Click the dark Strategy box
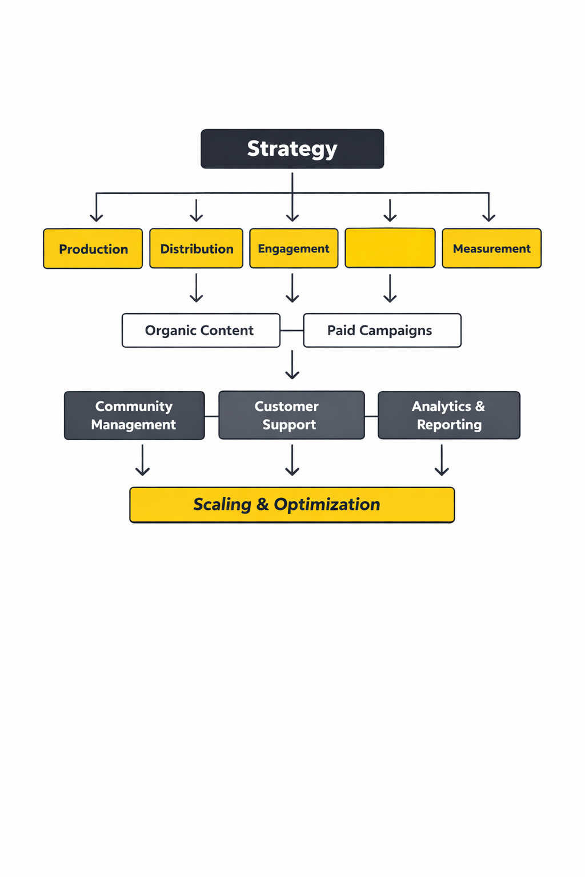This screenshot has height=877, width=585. click(292, 148)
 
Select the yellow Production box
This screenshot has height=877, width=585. click(93, 248)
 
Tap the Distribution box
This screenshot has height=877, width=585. click(196, 248)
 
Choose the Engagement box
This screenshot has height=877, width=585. click(294, 248)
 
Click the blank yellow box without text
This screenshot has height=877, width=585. click(390, 248)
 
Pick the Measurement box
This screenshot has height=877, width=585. click(491, 248)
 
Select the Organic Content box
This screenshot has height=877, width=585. click(201, 330)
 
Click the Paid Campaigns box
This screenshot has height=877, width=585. click(382, 330)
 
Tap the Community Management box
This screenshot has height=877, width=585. click(134, 415)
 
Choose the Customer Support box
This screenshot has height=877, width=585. click(291, 415)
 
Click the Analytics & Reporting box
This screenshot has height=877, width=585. click(448, 415)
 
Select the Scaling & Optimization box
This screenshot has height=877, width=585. click(292, 505)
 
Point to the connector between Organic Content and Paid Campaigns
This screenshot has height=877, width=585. click(292, 331)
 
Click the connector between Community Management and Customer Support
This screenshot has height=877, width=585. click(211, 416)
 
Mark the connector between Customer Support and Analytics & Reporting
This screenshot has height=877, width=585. click(371, 416)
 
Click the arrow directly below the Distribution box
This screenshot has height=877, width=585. click(196, 288)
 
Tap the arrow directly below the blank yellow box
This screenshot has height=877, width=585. click(390, 288)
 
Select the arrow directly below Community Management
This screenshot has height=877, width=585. click(142, 460)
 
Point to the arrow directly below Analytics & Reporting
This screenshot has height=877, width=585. click(442, 460)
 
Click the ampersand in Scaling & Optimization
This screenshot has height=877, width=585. click(262, 505)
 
